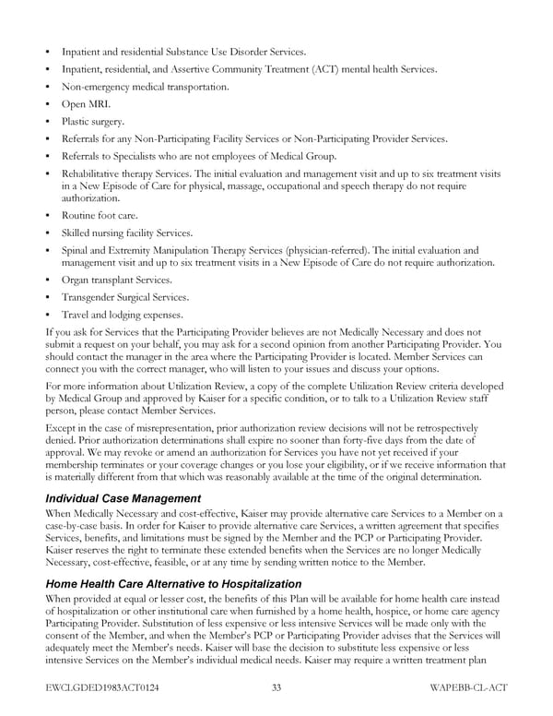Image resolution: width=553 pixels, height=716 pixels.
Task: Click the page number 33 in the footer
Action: [x=276, y=687]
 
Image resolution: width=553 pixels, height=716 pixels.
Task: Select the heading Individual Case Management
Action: [x=124, y=498]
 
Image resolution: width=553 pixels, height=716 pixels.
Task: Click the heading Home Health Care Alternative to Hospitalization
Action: [x=173, y=584]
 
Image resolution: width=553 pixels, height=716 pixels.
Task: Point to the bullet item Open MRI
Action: [x=86, y=104]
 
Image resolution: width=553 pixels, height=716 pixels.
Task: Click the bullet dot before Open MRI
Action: [x=47, y=104]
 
